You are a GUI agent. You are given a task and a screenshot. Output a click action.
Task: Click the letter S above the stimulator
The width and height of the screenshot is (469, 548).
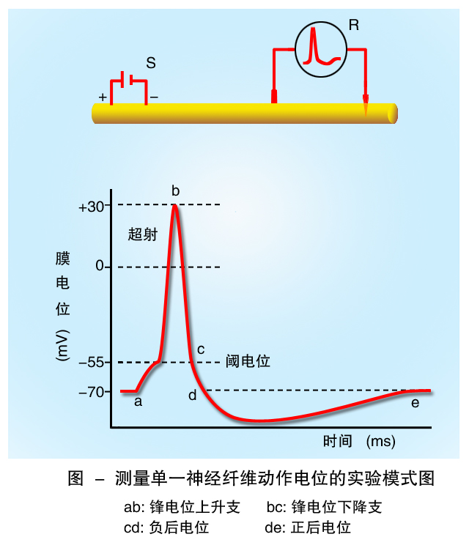point(150,63)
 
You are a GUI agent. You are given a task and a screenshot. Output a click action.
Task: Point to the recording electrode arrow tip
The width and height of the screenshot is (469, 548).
point(366,111)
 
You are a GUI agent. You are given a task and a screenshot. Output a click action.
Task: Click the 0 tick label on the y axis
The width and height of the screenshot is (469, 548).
point(100,267)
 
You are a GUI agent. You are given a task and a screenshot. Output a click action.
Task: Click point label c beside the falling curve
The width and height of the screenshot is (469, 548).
point(201,349)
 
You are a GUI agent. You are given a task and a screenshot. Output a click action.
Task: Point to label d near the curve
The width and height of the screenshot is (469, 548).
point(193,396)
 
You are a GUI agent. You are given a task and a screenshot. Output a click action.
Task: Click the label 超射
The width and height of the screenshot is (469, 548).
point(143,234)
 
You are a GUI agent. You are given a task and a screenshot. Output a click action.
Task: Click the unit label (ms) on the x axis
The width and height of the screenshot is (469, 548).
point(380,442)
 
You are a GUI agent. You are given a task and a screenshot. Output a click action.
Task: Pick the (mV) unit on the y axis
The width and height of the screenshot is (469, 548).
point(62,344)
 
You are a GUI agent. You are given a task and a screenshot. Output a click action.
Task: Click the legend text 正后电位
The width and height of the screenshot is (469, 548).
point(320,527)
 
